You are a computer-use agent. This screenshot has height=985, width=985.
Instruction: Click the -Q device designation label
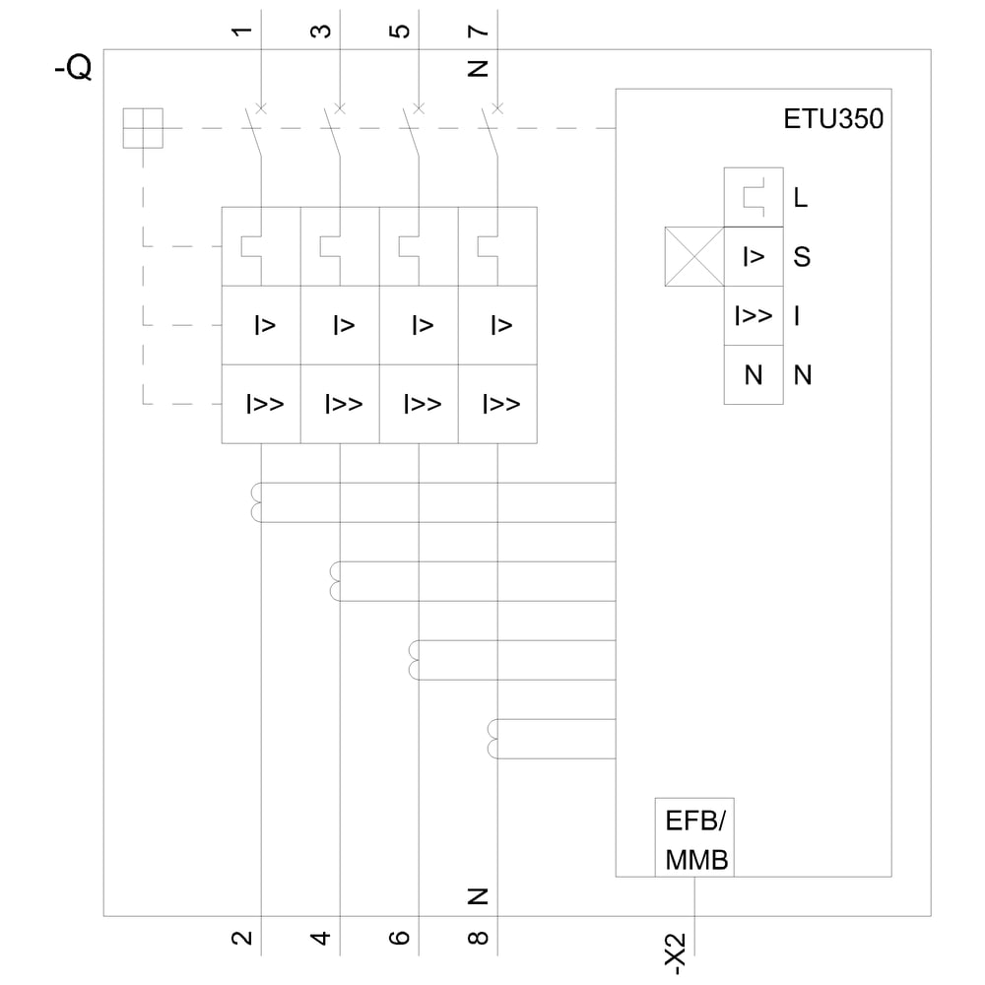(73, 68)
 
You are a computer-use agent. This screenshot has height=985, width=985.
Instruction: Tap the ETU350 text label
(833, 120)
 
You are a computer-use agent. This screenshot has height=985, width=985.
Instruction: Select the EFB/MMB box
(695, 837)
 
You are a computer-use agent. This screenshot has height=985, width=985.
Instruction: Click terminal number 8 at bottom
(479, 938)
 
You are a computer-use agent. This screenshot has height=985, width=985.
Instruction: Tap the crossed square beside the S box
(694, 257)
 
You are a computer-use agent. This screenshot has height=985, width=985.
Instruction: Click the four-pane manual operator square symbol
(143, 128)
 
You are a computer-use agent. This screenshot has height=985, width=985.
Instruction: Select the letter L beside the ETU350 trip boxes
(800, 198)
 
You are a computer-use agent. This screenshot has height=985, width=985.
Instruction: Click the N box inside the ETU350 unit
(754, 374)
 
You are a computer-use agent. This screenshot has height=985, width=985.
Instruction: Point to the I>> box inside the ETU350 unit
(754, 316)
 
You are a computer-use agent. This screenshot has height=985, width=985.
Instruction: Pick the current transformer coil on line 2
(257, 502)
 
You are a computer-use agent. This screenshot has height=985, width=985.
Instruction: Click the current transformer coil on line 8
(493, 739)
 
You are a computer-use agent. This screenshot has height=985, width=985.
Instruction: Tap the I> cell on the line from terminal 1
(262, 325)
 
